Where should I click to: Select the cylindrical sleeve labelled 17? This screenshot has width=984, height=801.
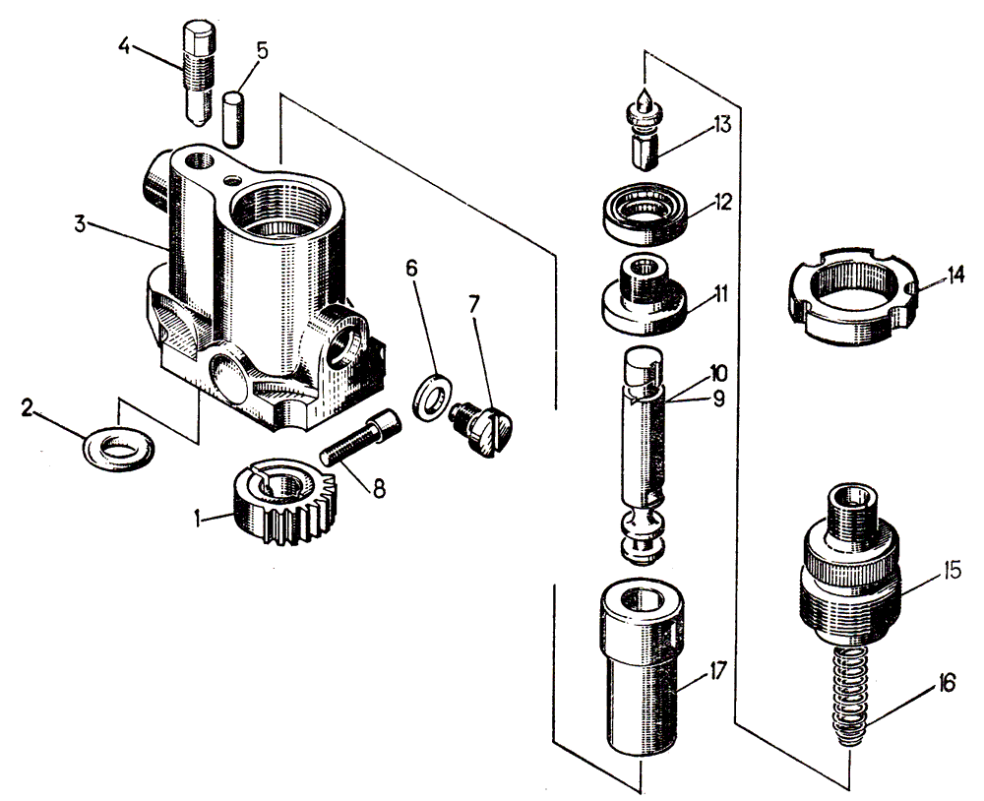coord(641,678)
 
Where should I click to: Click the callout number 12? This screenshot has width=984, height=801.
coord(724,203)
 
